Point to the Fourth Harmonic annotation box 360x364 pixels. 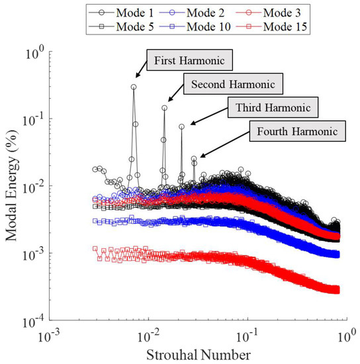[x=297, y=131]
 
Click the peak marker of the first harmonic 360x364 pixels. [x=134, y=87]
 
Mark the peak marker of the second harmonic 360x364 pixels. [x=164, y=108]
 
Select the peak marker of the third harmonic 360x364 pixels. [x=182, y=126]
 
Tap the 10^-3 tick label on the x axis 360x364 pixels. [x=49, y=338]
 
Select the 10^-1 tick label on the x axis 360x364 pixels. [x=247, y=338]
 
